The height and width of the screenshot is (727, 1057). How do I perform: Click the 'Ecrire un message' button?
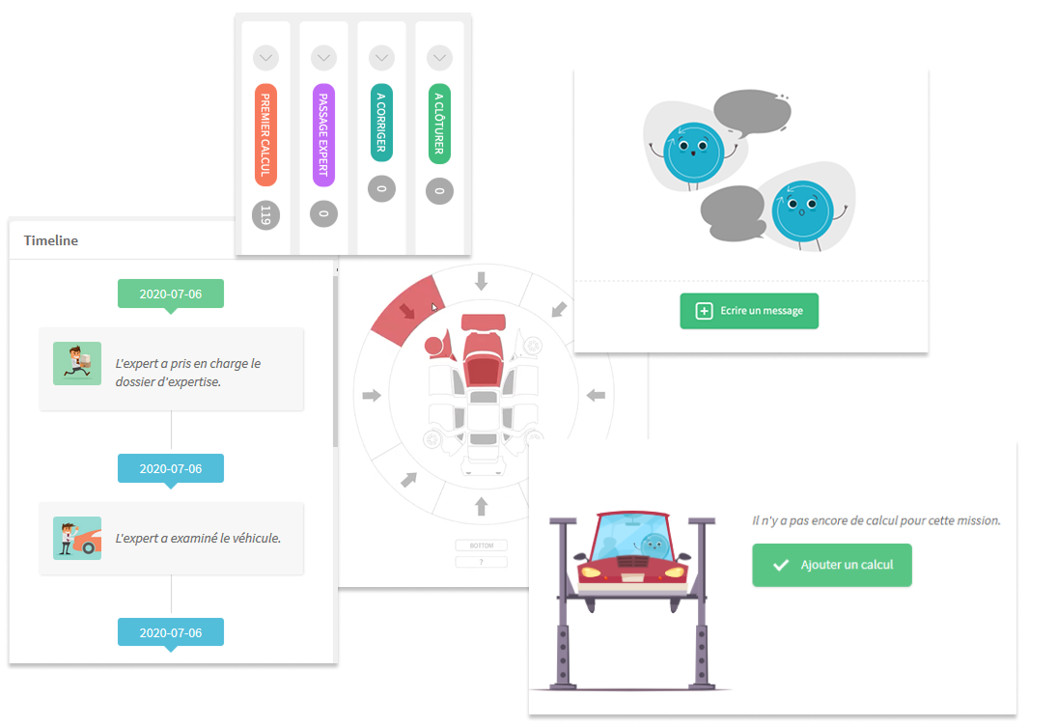pyautogui.click(x=749, y=311)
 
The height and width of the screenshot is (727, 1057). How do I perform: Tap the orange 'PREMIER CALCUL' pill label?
pyautogui.click(x=266, y=134)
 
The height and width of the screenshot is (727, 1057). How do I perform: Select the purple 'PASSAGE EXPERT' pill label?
pyautogui.click(x=324, y=134)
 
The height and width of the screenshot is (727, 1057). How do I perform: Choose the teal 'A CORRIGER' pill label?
pyautogui.click(x=381, y=124)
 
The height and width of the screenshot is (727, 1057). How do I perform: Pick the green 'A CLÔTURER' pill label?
pyautogui.click(x=439, y=124)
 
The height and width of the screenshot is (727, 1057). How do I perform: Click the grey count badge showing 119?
pyautogui.click(x=266, y=215)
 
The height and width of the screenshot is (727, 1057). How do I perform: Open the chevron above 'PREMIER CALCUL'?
pyautogui.click(x=266, y=59)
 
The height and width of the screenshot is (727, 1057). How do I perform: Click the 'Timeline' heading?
pyautogui.click(x=51, y=240)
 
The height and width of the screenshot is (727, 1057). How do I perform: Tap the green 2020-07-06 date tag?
pyautogui.click(x=171, y=294)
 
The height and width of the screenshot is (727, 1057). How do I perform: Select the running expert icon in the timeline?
pyautogui.click(x=77, y=364)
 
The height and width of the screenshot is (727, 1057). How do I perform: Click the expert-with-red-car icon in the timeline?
pyautogui.click(x=77, y=538)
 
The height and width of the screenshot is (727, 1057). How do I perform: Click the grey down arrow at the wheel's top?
pyautogui.click(x=481, y=281)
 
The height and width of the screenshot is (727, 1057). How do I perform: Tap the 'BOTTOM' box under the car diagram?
pyautogui.click(x=481, y=545)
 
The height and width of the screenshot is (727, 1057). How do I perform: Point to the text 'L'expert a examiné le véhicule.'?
pyautogui.click(x=198, y=538)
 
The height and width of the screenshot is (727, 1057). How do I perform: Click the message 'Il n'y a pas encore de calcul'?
pyautogui.click(x=876, y=520)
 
